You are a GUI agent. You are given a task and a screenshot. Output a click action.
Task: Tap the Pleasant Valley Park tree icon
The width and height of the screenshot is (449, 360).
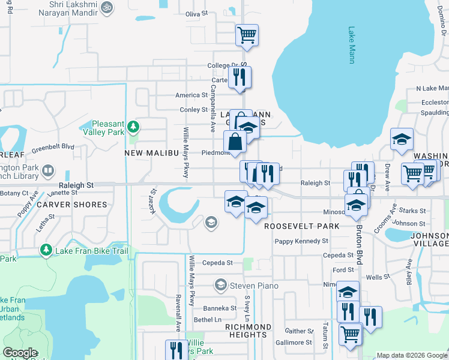tap(134, 127)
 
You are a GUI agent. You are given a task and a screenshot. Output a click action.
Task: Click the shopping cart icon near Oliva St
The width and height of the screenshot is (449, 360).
tap(247, 34)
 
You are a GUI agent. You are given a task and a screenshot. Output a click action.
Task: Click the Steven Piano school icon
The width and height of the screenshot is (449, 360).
tap(221, 284)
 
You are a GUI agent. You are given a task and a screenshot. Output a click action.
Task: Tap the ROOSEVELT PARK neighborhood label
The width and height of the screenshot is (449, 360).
tap(302, 226)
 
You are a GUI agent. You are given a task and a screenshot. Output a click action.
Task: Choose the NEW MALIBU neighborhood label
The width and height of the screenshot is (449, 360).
tap(152, 153)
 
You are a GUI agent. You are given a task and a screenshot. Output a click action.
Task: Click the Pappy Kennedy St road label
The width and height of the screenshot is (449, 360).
tap(301, 241)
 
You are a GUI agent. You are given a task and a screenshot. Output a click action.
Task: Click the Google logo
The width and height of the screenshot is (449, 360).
tap(20, 353)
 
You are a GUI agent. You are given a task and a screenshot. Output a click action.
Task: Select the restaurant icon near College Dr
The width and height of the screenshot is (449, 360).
tap(240, 76)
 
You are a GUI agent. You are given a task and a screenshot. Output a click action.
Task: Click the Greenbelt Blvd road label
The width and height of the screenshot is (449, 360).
tap(53, 146)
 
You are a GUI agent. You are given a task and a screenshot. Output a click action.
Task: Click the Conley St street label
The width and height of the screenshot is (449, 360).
tap(194, 110)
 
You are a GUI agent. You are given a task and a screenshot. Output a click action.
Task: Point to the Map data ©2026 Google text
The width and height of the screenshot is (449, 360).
tap(411, 355)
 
